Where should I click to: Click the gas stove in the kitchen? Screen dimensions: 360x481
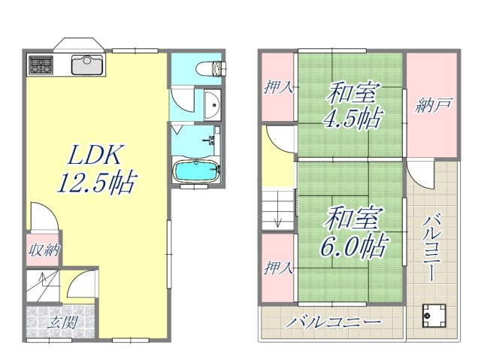click(40, 65)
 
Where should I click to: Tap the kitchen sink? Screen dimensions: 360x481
click(89, 65)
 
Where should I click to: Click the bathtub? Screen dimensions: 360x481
click(197, 171)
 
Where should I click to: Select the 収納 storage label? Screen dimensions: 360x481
click(44, 250)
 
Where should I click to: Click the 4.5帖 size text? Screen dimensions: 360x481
click(351, 119)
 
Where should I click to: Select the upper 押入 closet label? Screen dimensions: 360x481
click(278, 88)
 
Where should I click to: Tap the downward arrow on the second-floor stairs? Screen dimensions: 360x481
click(277, 219)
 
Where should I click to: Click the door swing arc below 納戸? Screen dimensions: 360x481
click(422, 174)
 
